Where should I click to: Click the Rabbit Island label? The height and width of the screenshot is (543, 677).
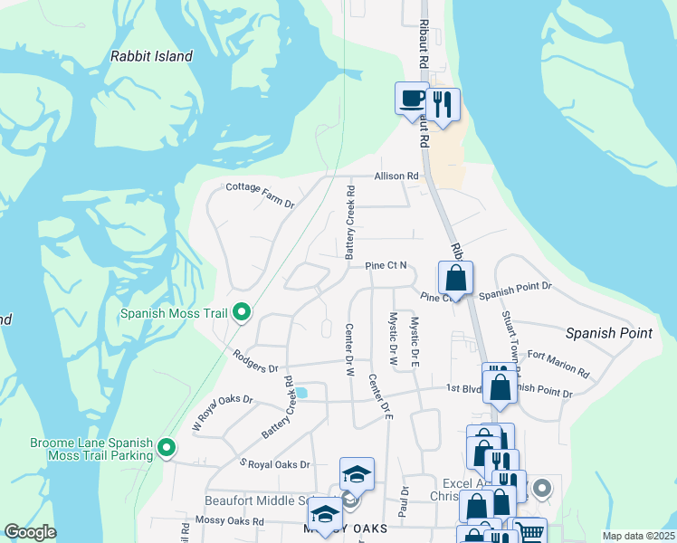click(151, 56)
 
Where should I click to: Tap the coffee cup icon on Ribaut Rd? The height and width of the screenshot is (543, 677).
click(412, 98)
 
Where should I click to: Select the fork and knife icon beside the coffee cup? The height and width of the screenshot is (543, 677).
click(442, 103)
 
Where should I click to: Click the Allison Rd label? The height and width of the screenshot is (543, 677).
click(398, 176)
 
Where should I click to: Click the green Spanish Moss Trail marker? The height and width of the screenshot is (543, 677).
click(242, 313)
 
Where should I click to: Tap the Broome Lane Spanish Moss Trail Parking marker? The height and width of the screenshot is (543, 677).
click(167, 448)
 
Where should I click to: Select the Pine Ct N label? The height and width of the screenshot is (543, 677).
click(386, 266)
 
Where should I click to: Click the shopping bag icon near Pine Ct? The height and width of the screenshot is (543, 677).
click(456, 278)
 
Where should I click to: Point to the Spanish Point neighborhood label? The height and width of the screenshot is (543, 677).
click(608, 333)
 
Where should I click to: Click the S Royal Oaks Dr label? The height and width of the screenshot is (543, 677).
click(274, 464)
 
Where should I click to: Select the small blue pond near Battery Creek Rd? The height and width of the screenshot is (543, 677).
click(301, 393)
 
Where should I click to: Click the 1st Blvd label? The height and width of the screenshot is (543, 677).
click(463, 388)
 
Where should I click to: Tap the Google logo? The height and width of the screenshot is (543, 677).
click(30, 532)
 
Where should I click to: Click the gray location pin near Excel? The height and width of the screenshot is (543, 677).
click(542, 490)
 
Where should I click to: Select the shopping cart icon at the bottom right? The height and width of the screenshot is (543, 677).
click(530, 532)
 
